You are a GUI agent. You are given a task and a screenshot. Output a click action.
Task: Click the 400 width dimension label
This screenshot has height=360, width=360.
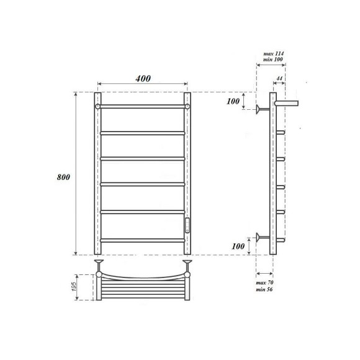click(142, 79)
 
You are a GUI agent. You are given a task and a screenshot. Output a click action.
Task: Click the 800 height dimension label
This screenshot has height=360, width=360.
click(63, 177)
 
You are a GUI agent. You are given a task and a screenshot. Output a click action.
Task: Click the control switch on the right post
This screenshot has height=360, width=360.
click(188, 226)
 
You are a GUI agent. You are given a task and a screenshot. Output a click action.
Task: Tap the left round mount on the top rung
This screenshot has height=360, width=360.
click(97, 107)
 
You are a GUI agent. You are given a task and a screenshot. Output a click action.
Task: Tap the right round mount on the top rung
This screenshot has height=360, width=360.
click(187, 107)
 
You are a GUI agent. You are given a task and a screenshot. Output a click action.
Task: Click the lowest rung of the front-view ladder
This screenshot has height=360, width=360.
click(142, 240)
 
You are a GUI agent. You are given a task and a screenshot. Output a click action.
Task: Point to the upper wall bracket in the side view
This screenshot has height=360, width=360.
click(263, 110)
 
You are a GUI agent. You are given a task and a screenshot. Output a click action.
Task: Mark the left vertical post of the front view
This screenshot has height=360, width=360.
click(97, 174)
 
